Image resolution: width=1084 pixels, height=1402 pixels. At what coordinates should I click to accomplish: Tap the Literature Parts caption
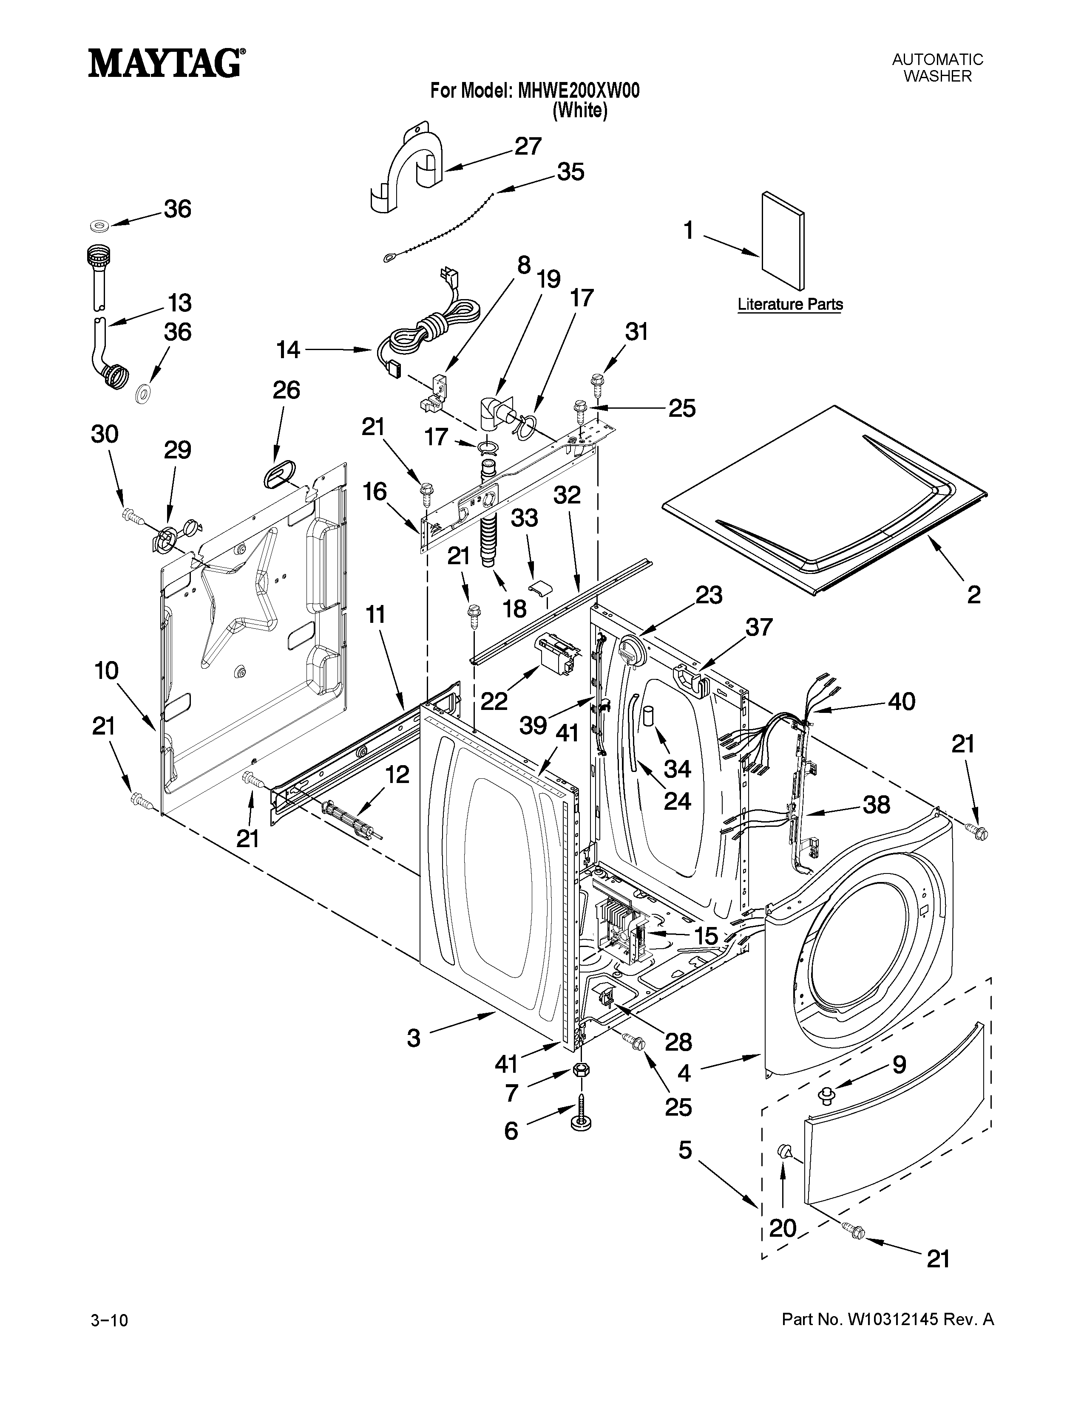tap(790, 304)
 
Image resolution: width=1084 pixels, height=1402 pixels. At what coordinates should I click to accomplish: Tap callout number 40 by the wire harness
tap(901, 702)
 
